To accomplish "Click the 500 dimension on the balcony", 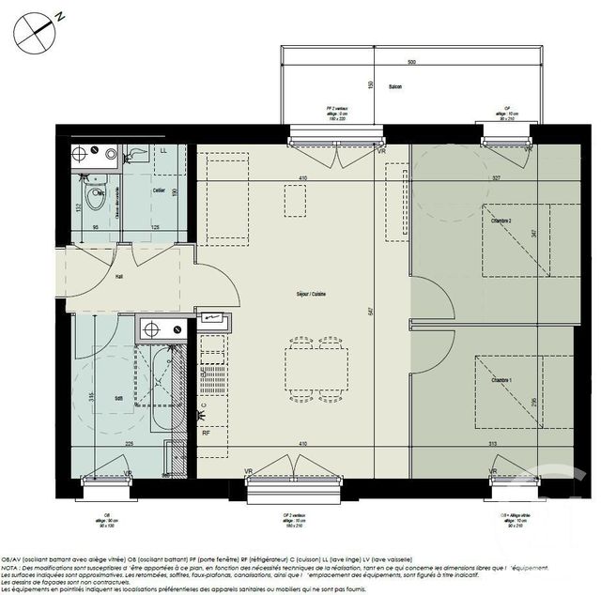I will point(411,61).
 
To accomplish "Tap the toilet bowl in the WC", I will point(94,199).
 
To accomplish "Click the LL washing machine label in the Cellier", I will point(163,151).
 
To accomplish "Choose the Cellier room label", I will point(147,191).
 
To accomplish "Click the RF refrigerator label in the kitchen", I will point(205,433).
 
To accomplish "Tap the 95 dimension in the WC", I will point(95,227).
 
